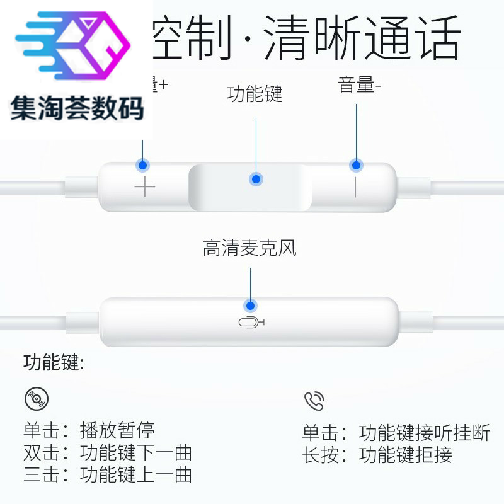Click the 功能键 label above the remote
point(255,95)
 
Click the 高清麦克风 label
point(249,248)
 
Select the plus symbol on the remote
point(144,187)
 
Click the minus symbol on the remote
point(355,187)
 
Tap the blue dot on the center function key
point(256,179)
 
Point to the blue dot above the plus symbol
point(143,166)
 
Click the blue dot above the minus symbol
point(356,166)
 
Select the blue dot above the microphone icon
point(250,305)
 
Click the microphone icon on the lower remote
point(251,323)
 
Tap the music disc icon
point(36,398)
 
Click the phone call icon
point(314,401)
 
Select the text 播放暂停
point(117,432)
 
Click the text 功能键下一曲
point(136,453)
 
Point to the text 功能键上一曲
point(136,474)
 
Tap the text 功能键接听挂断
point(424,433)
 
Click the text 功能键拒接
point(405,455)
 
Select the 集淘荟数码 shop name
point(77,108)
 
